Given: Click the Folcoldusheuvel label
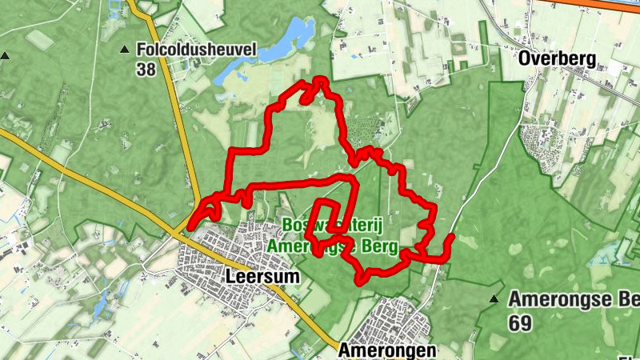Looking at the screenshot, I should pyautogui.click(x=196, y=50).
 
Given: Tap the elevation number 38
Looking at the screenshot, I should pyautogui.click(x=146, y=70).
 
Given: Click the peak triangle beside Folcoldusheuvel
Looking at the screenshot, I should pyautogui.click(x=124, y=50).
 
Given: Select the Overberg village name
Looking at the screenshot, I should pyautogui.click(x=558, y=58).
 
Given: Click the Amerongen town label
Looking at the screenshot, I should pyautogui.click(x=386, y=350).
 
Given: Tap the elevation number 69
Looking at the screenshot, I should pyautogui.click(x=519, y=322).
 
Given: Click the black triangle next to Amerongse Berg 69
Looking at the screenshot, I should pyautogui.click(x=494, y=300).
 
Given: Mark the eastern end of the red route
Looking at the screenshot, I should pyautogui.click(x=451, y=238).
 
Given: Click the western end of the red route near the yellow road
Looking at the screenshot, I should pyautogui.click(x=190, y=226).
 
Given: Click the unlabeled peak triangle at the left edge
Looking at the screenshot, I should pyautogui.click(x=5, y=56).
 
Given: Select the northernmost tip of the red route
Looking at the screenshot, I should pyautogui.click(x=320, y=79).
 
